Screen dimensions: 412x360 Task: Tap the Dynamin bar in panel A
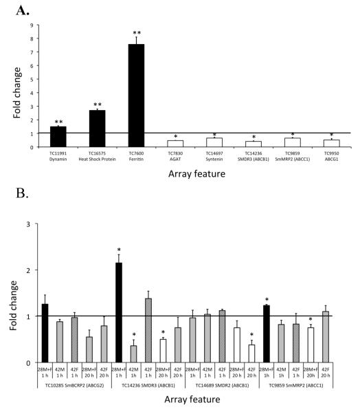pyautogui.click(x=58, y=136)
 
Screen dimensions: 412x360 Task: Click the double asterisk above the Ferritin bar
pyautogui.click(x=137, y=33)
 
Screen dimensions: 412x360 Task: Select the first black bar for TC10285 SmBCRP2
pyautogui.click(x=45, y=333)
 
